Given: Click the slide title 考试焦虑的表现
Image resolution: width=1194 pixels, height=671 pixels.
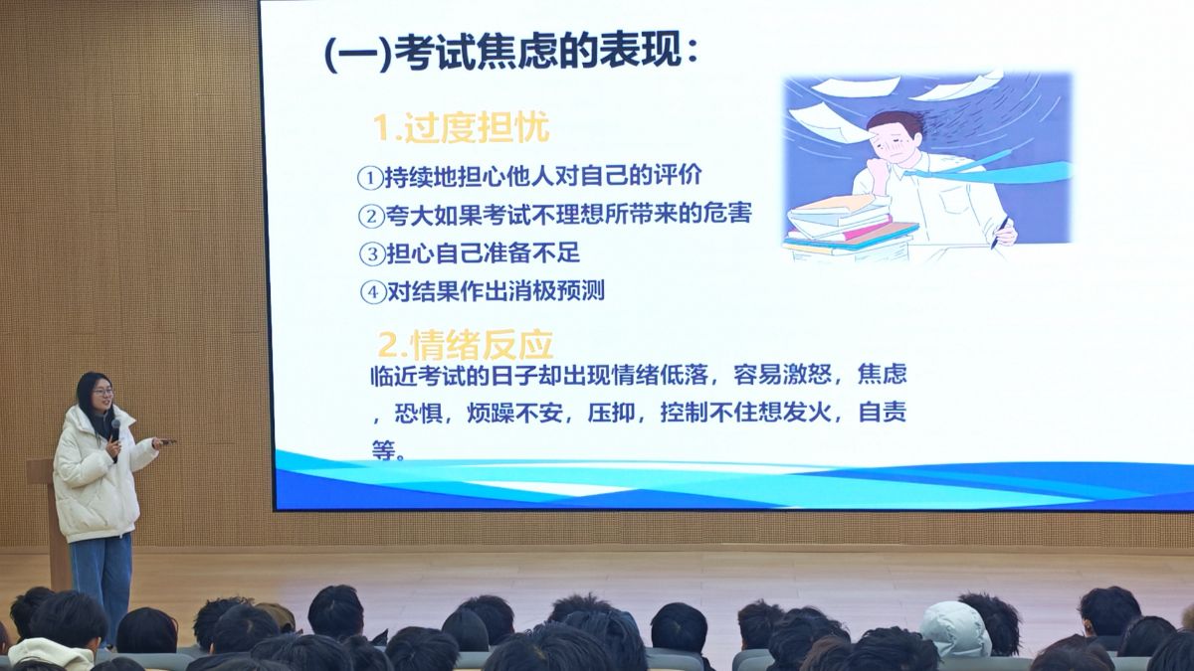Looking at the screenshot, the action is (538, 52).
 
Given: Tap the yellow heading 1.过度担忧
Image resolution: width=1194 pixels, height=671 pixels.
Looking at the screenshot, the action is (461, 127).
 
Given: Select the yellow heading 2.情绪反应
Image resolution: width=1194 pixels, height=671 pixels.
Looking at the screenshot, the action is (466, 345).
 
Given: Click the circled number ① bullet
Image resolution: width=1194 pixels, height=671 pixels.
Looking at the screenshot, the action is (370, 177).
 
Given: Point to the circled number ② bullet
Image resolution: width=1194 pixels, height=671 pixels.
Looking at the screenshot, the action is (371, 216).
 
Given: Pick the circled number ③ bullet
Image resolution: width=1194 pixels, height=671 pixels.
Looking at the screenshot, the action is (372, 253).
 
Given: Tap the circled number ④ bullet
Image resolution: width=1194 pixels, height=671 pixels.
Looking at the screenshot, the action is (373, 292).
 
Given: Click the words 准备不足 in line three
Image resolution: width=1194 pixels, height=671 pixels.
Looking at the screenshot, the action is (530, 252).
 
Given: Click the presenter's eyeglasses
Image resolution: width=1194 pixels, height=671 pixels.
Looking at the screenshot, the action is (102, 393).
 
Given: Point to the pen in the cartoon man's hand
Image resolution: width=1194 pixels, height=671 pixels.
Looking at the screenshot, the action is (999, 233).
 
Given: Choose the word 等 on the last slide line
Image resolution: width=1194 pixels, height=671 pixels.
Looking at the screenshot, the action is (384, 450).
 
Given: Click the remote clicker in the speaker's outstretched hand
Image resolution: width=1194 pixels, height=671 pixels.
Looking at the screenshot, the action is (165, 441).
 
